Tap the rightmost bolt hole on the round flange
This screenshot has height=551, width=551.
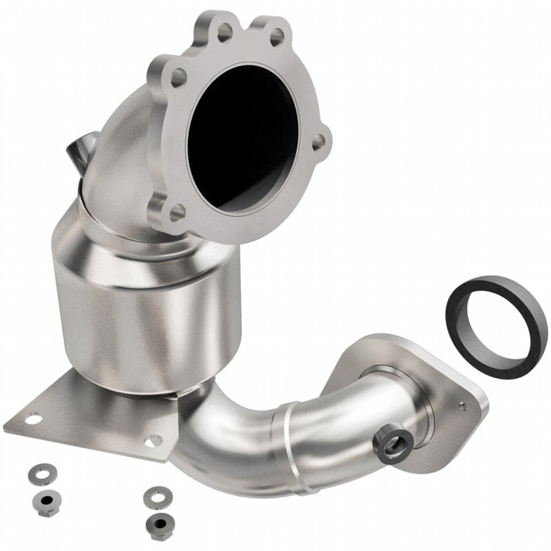(x=319, y=143)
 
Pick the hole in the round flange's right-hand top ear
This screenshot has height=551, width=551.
(x=277, y=37)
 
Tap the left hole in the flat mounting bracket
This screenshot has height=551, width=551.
(x=33, y=418)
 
